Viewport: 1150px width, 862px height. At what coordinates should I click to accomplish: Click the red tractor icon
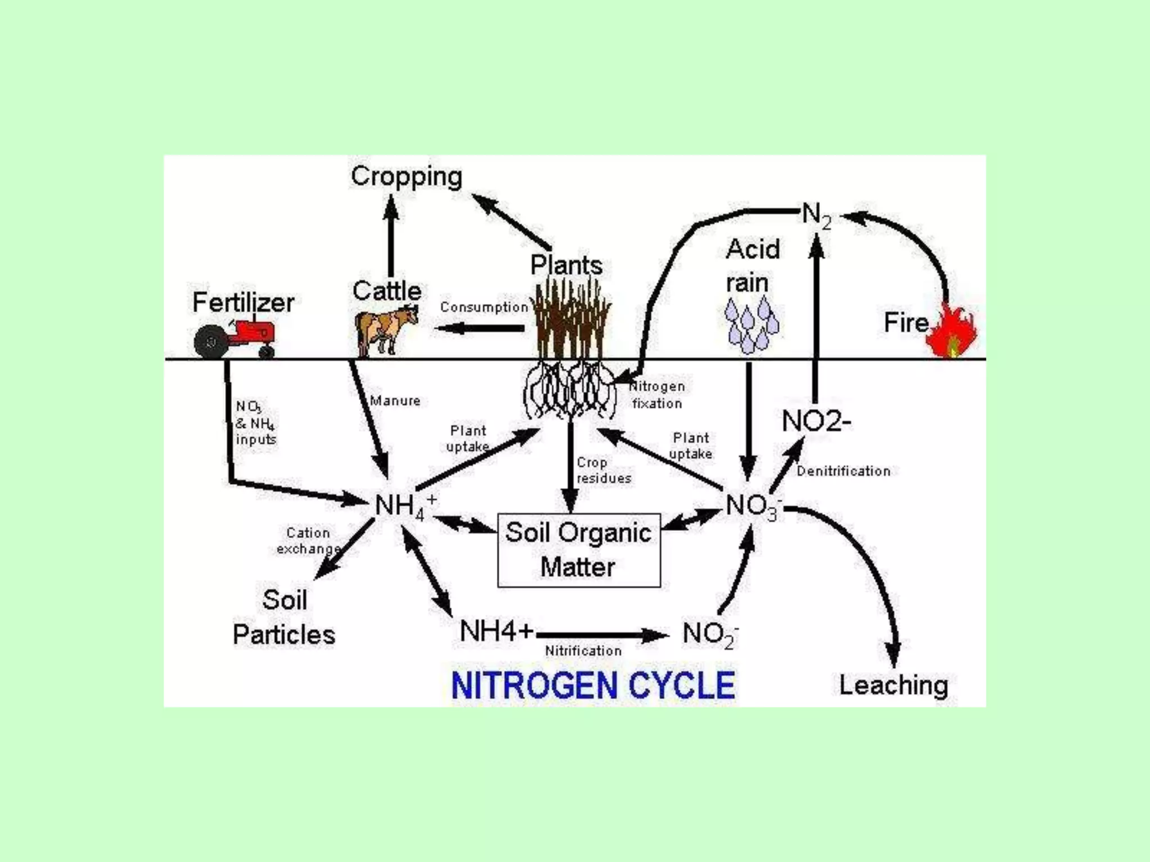[236, 338]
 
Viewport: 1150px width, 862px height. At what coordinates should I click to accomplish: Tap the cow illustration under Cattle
[386, 331]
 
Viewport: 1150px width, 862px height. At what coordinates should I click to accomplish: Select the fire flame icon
[952, 333]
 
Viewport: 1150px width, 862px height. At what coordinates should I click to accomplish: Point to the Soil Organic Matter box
[579, 550]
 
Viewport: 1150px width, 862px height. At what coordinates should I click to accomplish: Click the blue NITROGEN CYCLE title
[593, 685]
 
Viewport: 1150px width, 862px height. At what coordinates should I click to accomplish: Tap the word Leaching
[893, 685]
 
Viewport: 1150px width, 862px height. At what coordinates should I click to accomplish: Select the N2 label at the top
[816, 215]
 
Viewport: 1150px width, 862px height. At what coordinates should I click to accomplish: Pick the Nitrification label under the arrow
[583, 651]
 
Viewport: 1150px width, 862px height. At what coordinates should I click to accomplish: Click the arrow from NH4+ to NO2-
[601, 635]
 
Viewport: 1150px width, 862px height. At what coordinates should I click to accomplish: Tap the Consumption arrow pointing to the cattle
[480, 328]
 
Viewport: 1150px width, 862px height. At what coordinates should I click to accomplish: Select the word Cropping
[407, 176]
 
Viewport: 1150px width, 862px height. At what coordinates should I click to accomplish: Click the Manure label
[395, 401]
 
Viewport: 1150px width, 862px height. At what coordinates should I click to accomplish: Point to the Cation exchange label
[308, 540]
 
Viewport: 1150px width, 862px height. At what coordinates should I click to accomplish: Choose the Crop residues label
[604, 470]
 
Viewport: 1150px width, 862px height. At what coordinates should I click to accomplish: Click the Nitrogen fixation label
[657, 395]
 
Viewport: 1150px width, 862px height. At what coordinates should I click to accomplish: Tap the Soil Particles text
[284, 617]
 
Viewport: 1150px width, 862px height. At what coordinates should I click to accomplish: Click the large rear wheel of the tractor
[211, 341]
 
